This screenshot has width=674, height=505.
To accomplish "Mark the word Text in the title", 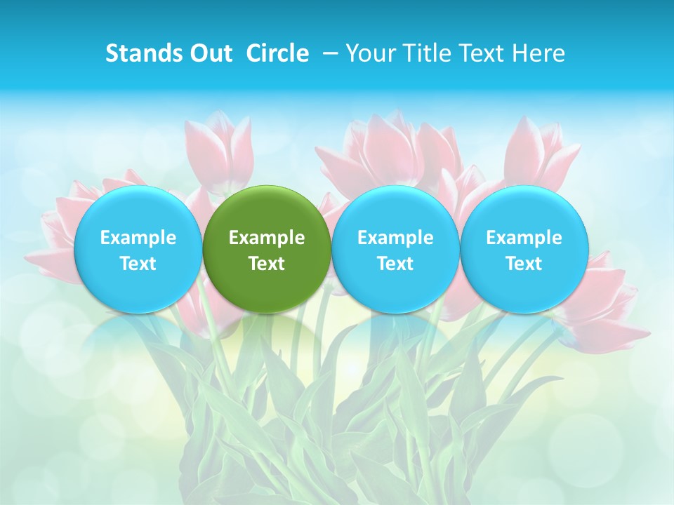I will (482, 53).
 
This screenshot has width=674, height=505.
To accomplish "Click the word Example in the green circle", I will (267, 238).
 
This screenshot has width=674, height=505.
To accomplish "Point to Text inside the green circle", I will (267, 264).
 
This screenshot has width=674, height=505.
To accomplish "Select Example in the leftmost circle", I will (138, 238).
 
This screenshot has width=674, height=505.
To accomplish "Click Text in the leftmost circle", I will (138, 264).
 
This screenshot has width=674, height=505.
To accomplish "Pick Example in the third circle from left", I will (395, 238).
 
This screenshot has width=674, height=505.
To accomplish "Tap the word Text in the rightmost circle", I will (524, 264).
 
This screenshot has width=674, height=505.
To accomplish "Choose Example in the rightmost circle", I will (524, 238).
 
